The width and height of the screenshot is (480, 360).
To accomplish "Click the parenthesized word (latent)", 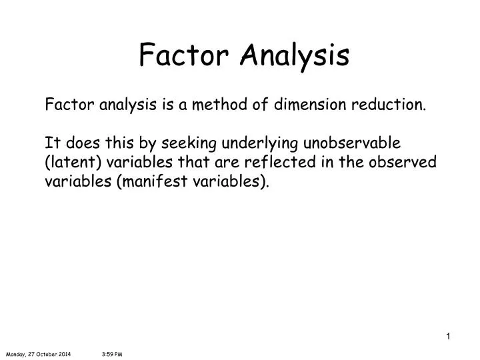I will [69, 163].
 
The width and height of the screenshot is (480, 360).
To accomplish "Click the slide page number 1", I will [449, 336].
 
